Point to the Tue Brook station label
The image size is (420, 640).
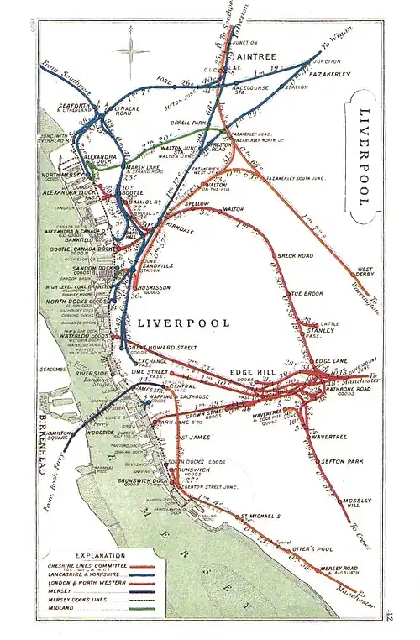click(307, 293)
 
